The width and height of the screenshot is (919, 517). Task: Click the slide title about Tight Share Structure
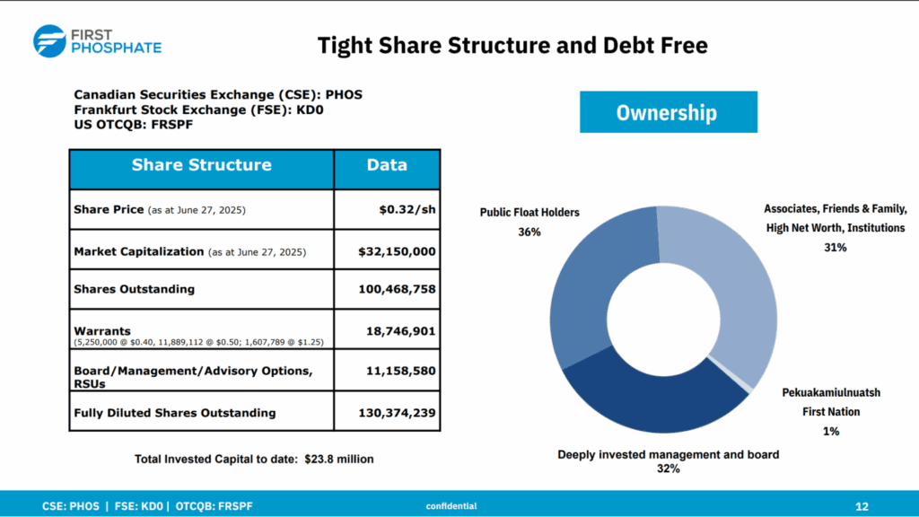coord(512,44)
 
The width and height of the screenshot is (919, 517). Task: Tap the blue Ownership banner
coord(666,112)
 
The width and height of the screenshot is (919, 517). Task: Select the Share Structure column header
coord(201,165)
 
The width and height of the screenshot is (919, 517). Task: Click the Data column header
coord(387,165)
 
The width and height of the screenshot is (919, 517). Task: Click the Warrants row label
coord(101,331)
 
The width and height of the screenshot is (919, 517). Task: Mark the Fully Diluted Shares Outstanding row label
coord(175,413)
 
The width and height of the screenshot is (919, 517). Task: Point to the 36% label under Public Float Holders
coord(529,232)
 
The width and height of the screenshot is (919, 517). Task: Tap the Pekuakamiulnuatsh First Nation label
coord(830,402)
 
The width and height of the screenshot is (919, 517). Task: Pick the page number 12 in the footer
coord(862,506)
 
